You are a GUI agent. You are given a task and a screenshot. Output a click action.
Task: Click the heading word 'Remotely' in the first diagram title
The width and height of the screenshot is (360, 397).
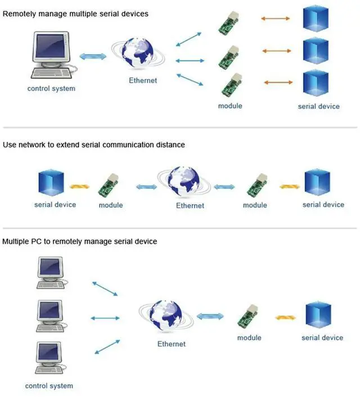click(19, 13)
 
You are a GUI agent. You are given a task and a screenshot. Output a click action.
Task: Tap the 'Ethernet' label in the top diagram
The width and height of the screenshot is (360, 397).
click(143, 80)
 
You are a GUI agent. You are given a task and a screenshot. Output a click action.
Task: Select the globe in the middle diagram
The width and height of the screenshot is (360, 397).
click(184, 181)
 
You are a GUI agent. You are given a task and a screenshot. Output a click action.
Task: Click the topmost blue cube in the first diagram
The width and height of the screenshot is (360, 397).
click(316, 19)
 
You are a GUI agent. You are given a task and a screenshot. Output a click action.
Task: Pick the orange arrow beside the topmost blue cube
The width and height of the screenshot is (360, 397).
click(276, 19)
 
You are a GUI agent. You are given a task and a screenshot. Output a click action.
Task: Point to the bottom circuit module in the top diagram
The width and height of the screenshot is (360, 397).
click(231, 85)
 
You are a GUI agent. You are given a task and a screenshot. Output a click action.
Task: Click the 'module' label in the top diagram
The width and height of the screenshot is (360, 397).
click(230, 106)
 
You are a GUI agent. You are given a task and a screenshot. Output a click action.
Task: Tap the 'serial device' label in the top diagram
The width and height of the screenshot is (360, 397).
click(319, 106)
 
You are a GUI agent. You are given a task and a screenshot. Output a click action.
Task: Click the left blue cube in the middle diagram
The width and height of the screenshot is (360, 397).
click(51, 182)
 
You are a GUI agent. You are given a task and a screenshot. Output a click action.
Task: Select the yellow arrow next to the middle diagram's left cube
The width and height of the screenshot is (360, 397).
click(79, 187)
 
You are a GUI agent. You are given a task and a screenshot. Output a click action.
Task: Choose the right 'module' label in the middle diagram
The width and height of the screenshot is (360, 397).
click(255, 205)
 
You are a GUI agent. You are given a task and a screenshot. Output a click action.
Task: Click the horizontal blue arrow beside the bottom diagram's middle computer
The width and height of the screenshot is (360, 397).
click(105, 318)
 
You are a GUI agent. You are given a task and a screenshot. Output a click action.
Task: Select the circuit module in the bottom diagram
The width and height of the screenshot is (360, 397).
click(248, 315)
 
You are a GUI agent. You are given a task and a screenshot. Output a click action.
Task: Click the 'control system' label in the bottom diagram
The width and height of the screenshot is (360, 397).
click(49, 386)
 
